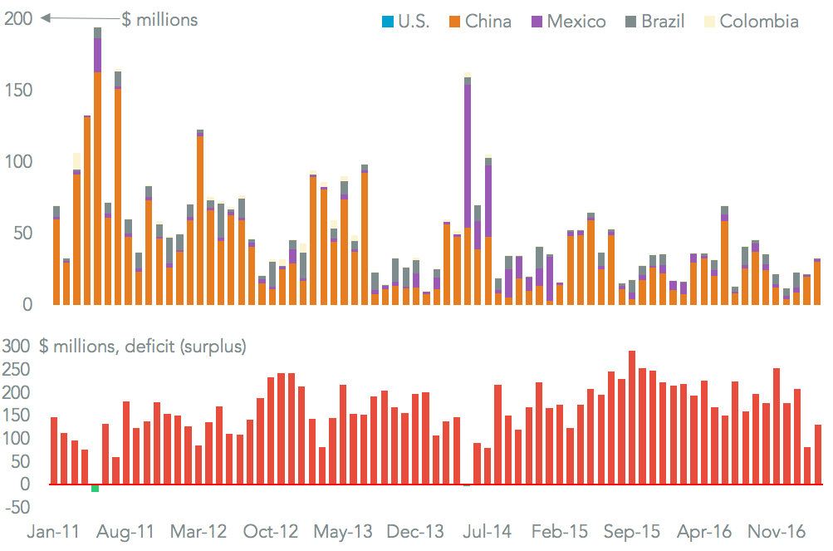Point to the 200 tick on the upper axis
click(x=19, y=18)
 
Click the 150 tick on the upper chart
click(x=19, y=90)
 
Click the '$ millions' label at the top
click(x=159, y=19)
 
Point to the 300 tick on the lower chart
click(x=19, y=347)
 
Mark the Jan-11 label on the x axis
click(x=55, y=531)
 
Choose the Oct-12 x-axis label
click(x=271, y=531)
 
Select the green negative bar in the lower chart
click(x=96, y=488)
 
